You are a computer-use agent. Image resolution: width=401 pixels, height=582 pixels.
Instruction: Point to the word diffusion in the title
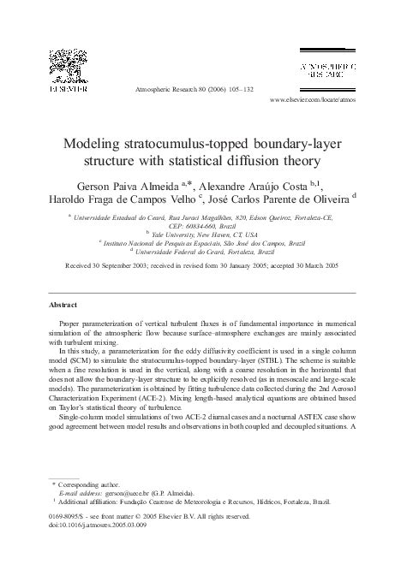(x=263, y=159)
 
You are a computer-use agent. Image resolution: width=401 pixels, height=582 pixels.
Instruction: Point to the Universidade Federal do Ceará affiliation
(x=201, y=252)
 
